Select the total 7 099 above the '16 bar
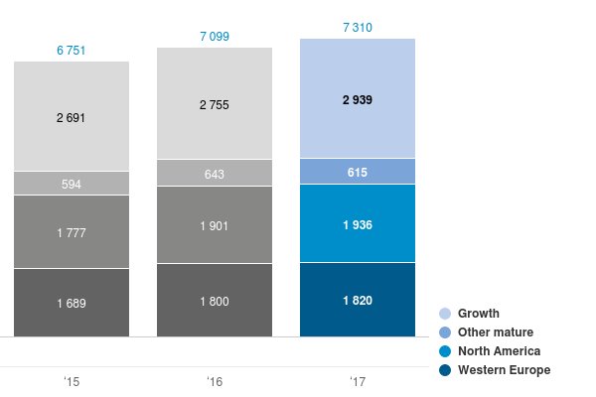(215, 37)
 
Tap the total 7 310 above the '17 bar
(358, 28)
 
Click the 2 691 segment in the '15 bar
(72, 117)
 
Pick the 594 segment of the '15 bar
(72, 184)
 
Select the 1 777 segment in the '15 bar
(72, 232)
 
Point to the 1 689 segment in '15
(72, 302)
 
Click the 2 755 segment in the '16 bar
(215, 103)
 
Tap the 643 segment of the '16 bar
(215, 174)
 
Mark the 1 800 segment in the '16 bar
(215, 300)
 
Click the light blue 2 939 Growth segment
(358, 99)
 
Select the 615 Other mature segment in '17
(358, 172)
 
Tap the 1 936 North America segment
(358, 224)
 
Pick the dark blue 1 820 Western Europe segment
(358, 300)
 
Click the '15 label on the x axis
(72, 381)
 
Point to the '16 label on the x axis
(215, 381)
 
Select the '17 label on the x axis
(358, 381)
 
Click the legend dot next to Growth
(445, 313)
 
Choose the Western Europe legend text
(504, 370)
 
